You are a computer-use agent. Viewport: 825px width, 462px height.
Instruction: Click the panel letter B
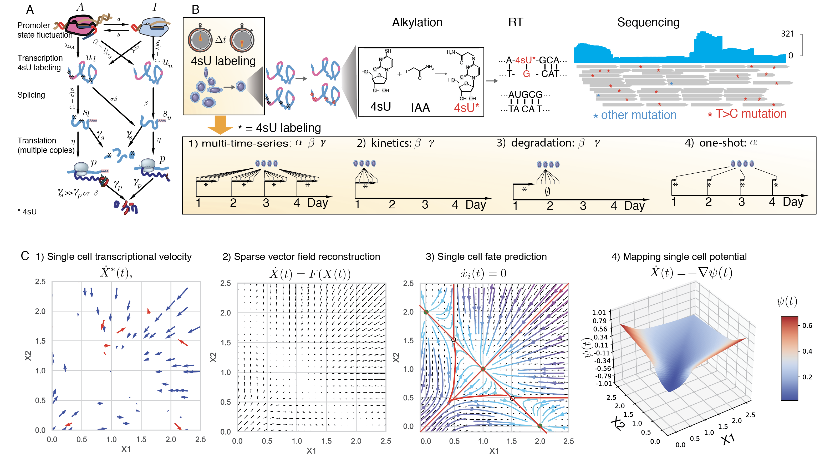tap(195, 10)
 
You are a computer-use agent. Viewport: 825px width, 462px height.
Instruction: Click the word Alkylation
tap(417, 22)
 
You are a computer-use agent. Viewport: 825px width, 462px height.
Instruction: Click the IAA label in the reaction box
tap(420, 108)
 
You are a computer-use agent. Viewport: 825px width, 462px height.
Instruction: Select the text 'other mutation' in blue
tap(638, 115)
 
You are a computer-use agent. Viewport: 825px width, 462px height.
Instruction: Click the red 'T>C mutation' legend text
tap(751, 114)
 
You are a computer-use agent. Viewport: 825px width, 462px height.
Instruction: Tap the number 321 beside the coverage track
tap(787, 34)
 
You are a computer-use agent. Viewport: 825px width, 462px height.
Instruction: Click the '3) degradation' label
tap(536, 143)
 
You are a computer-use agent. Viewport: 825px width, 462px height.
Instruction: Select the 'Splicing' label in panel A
tap(31, 95)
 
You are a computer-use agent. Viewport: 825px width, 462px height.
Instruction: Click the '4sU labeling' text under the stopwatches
tap(223, 61)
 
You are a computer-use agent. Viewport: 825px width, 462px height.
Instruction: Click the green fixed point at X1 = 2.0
tap(540, 426)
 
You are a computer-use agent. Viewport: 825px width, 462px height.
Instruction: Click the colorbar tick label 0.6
tap(807, 325)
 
